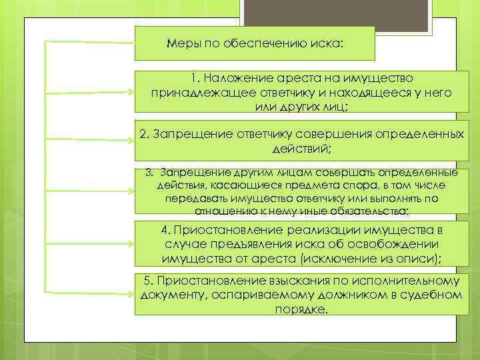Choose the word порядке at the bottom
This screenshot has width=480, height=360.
(x=301, y=309)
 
